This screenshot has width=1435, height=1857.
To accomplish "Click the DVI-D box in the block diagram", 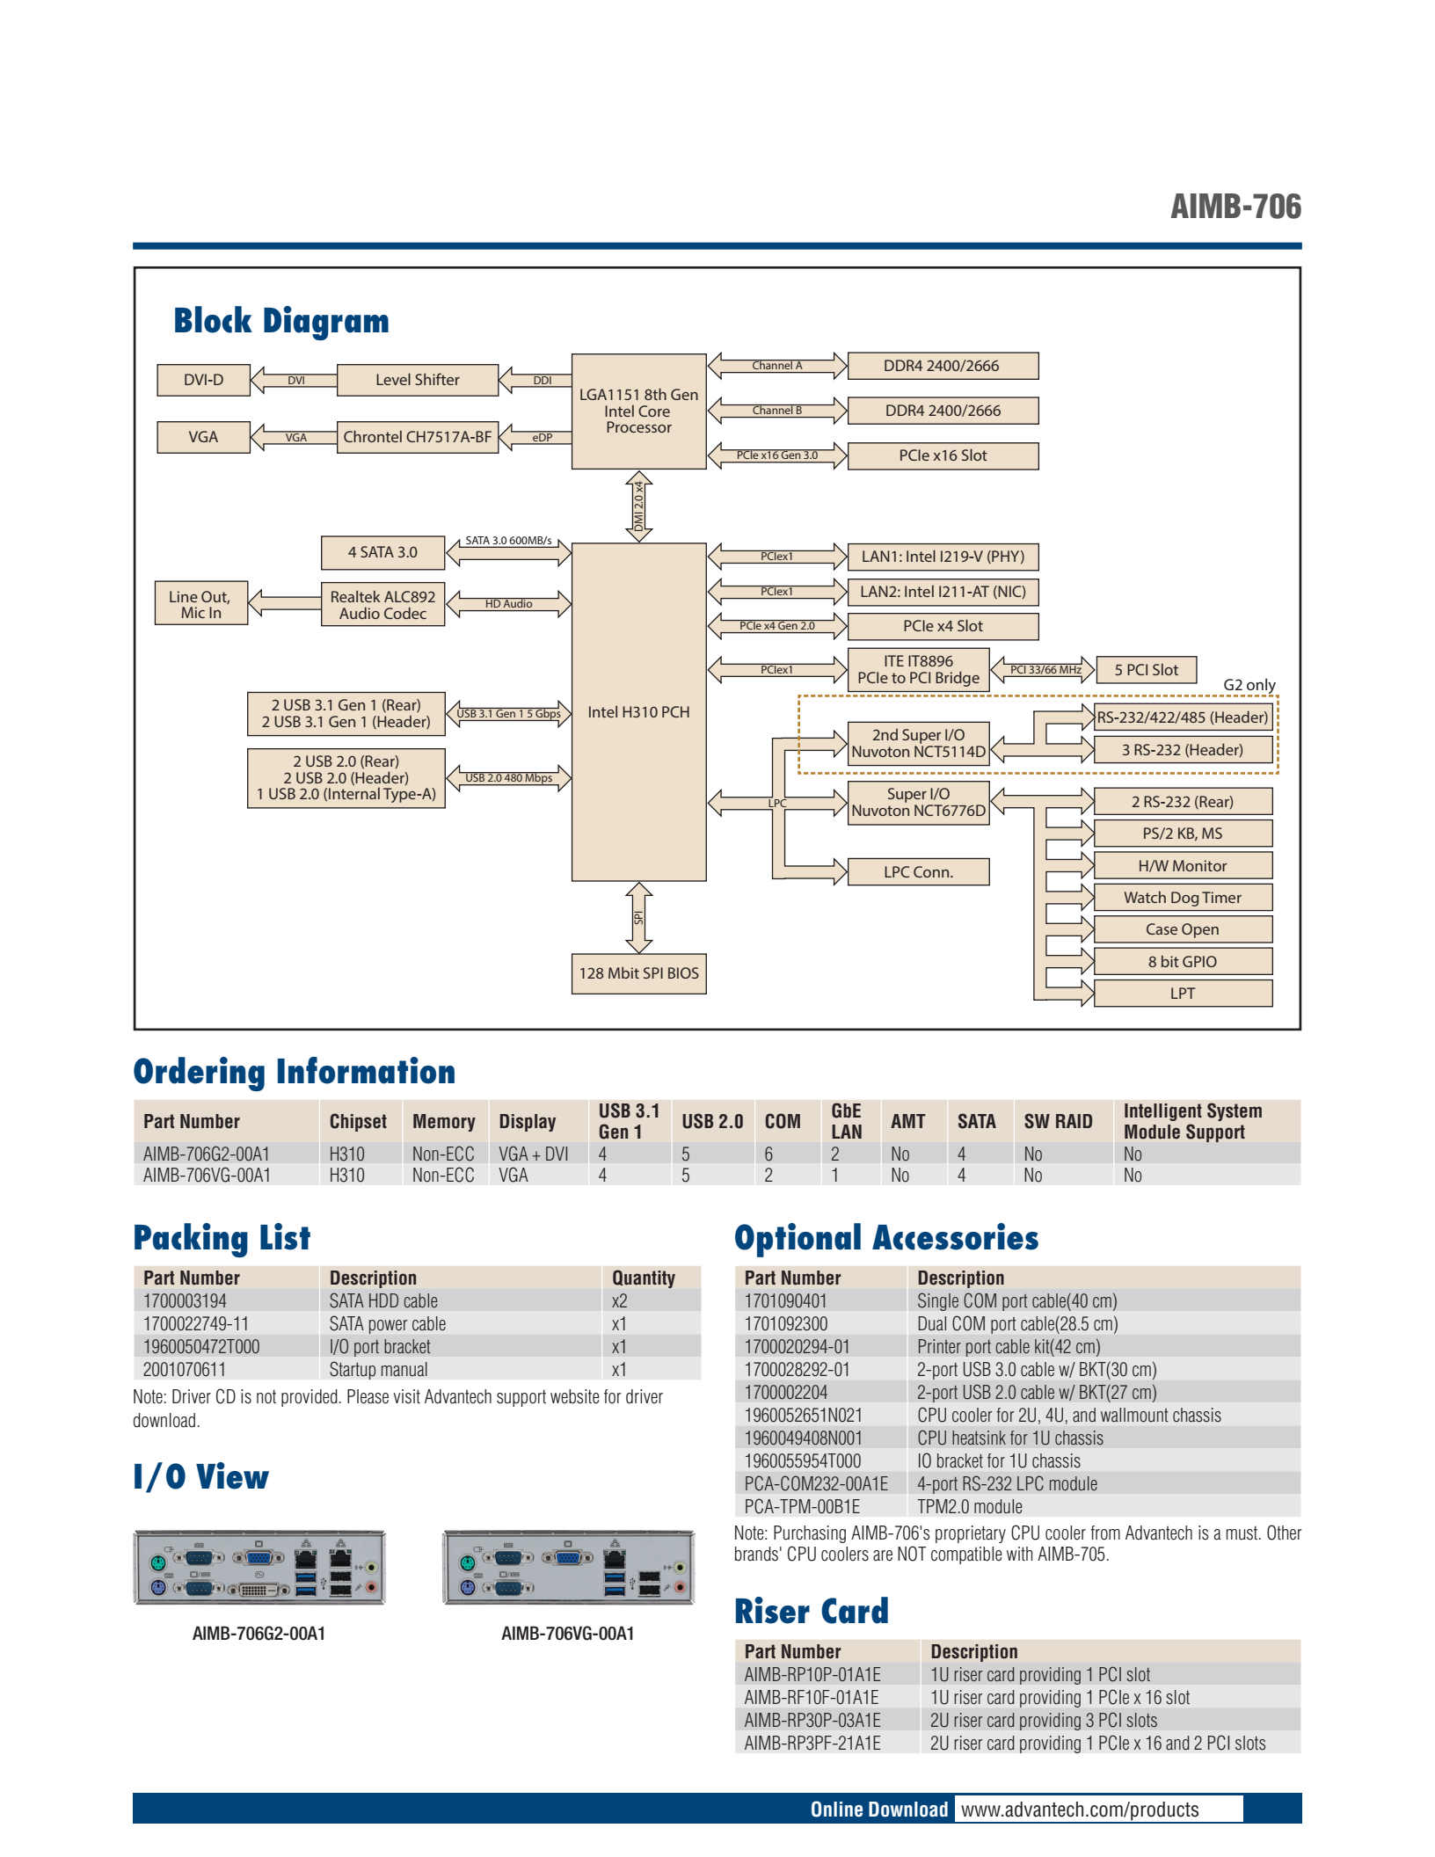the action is pyautogui.click(x=203, y=380).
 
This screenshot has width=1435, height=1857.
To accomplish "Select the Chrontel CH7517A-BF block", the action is pyautogui.click(x=418, y=437).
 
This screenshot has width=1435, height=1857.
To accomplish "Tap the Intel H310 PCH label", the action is pyautogui.click(x=638, y=712).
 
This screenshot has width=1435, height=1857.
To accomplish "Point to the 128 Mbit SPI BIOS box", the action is pyautogui.click(x=638, y=973).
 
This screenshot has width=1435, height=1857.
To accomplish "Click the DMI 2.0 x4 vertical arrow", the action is pyautogui.click(x=638, y=506).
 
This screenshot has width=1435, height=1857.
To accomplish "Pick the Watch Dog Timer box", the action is pyautogui.click(x=1183, y=898).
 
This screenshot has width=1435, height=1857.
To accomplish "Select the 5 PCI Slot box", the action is pyautogui.click(x=1146, y=670).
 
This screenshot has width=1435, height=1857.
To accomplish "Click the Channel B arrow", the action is pyautogui.click(x=777, y=411).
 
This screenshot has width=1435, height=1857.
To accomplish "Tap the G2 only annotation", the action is pyautogui.click(x=1249, y=685).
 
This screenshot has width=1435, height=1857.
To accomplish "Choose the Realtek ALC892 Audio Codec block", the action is pyautogui.click(x=382, y=605).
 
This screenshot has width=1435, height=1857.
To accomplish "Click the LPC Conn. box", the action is pyautogui.click(x=918, y=872).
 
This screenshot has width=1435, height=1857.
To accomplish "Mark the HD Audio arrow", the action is pyautogui.click(x=508, y=604).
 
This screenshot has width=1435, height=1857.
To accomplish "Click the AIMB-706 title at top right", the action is pyautogui.click(x=1235, y=207).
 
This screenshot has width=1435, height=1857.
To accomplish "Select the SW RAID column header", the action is pyautogui.click(x=1058, y=1121).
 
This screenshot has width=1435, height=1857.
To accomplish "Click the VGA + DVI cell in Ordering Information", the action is pyautogui.click(x=534, y=1154).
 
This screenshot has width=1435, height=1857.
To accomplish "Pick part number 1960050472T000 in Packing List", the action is pyautogui.click(x=201, y=1346).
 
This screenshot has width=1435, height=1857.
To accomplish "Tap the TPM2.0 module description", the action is pyautogui.click(x=970, y=1506).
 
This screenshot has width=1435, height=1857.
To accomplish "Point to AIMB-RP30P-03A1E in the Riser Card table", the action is pyautogui.click(x=812, y=1720).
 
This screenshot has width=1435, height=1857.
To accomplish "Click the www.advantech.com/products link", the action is pyautogui.click(x=1080, y=1809).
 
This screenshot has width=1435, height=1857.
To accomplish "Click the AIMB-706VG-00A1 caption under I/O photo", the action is pyautogui.click(x=568, y=1634).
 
